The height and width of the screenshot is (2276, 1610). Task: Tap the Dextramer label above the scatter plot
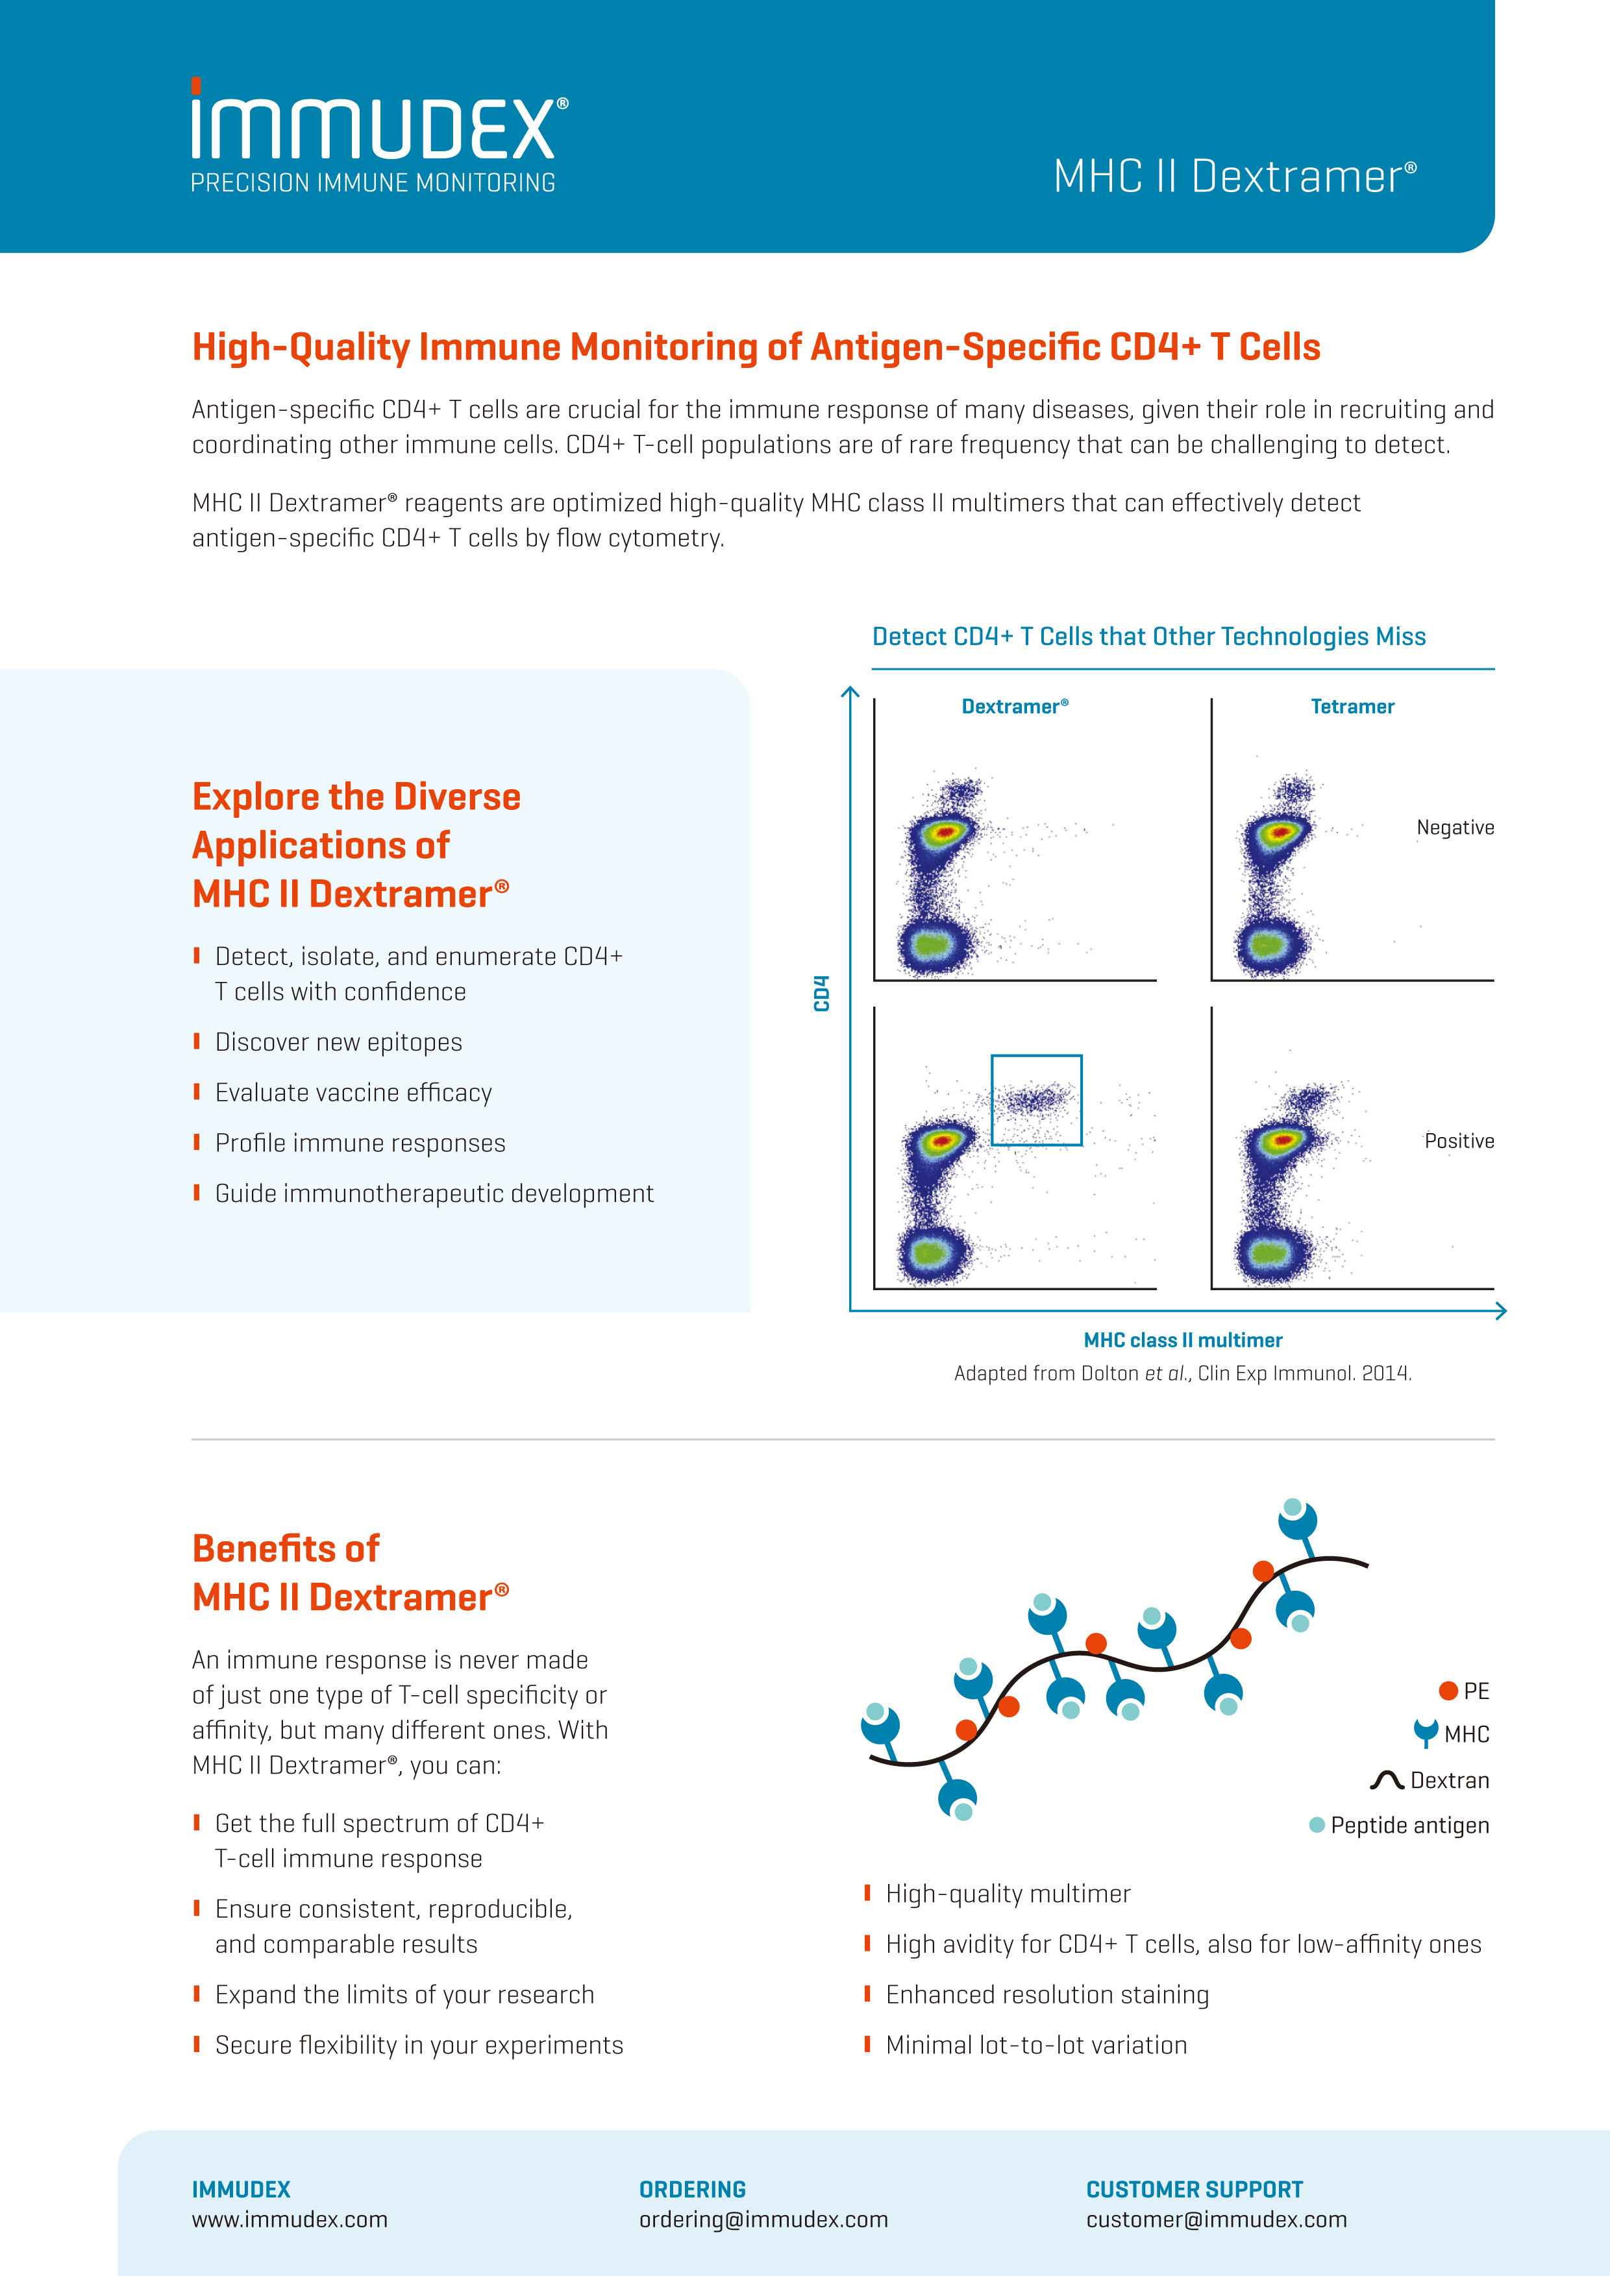pos(1014,707)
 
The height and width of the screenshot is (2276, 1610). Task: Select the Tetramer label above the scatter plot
pos(1352,707)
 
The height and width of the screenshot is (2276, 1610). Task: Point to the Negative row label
pos(1454,827)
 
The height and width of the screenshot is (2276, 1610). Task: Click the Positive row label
pos(1458,1141)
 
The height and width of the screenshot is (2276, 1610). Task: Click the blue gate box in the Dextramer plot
pos(1036,1099)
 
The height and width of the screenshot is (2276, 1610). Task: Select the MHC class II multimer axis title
pos(1183,1340)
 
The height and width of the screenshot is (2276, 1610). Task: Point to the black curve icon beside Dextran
pos(1387,1780)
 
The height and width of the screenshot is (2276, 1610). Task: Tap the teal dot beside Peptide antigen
pos(1317,1825)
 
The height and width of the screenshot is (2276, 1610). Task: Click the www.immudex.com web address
pos(290,2220)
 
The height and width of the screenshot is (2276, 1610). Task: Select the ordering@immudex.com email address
pos(763,2220)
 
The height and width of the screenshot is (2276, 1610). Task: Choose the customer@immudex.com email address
pos(1217,2220)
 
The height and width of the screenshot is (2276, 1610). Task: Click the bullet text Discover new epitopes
pos(338,1042)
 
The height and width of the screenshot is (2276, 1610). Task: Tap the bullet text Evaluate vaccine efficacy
pos(353,1092)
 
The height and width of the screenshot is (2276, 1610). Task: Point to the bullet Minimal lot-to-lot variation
pos(1036,2045)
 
